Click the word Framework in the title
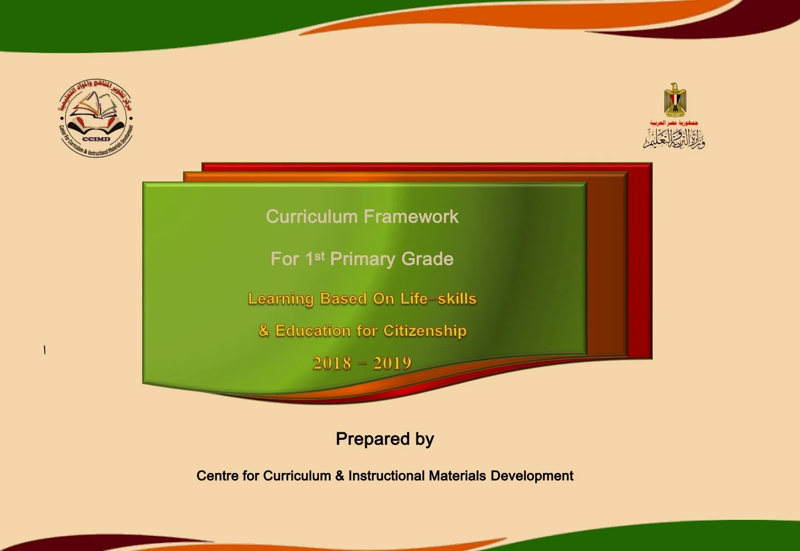(x=411, y=217)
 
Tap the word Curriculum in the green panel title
(x=311, y=217)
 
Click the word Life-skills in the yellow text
(x=438, y=298)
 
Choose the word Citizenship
(x=425, y=331)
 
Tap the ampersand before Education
(x=264, y=331)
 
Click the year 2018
(x=332, y=363)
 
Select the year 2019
(x=392, y=363)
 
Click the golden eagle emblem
(x=674, y=99)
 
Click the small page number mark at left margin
(x=45, y=350)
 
